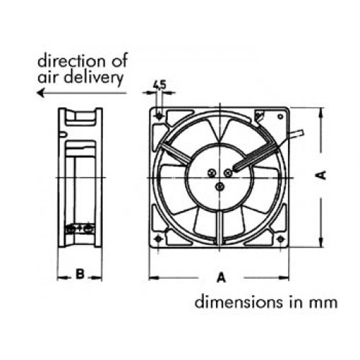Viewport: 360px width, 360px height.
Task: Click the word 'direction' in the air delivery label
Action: pyautogui.click(x=71, y=61)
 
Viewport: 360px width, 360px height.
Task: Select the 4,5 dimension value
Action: pyautogui.click(x=159, y=85)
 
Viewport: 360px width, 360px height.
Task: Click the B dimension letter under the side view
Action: pyautogui.click(x=80, y=274)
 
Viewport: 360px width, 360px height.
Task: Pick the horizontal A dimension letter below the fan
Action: pyautogui.click(x=221, y=278)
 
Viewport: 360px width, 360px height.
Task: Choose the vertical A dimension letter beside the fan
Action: pyautogui.click(x=323, y=175)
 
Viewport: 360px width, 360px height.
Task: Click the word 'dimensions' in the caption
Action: pyautogui.click(x=238, y=302)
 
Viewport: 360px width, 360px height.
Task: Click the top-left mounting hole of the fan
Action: pyautogui.click(x=159, y=117)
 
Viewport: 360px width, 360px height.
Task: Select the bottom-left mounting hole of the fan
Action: pyautogui.click(x=158, y=239)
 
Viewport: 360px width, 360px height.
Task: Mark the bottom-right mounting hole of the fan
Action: pyautogui.click(x=280, y=239)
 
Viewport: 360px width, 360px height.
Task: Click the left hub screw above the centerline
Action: pyautogui.click(x=212, y=172)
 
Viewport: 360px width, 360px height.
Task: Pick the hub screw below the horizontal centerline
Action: pyautogui.click(x=220, y=186)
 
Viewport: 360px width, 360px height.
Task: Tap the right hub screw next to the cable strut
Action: pyautogui.click(x=228, y=172)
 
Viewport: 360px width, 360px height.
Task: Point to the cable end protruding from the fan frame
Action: pyautogui.click(x=297, y=134)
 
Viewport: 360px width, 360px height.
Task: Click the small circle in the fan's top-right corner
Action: pyautogui.click(x=280, y=117)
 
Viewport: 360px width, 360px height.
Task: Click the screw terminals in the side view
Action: pyautogui.click(x=80, y=228)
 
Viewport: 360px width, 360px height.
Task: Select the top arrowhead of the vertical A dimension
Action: pyautogui.click(x=321, y=112)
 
